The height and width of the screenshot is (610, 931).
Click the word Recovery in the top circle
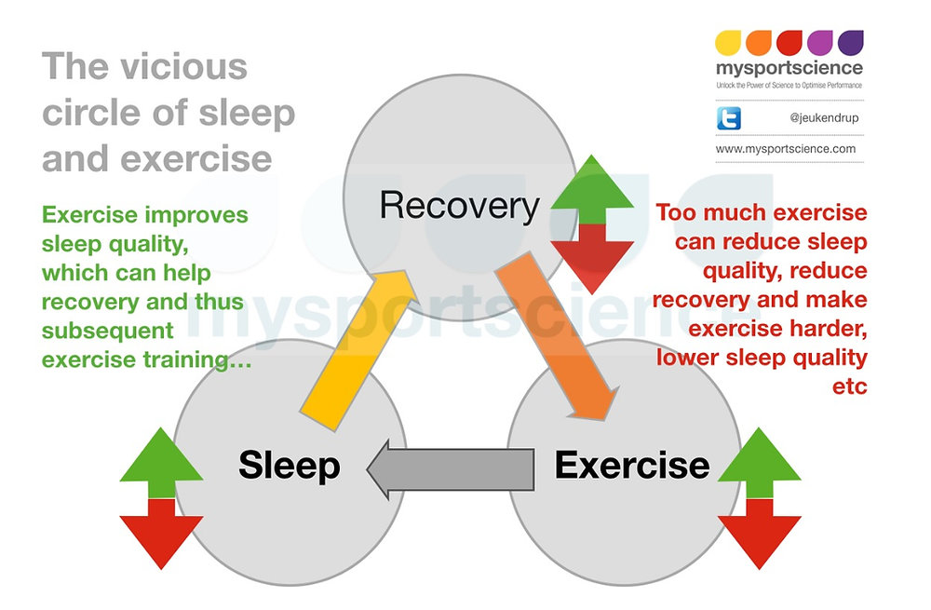coord(459,206)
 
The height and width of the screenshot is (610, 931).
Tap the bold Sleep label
coord(289,465)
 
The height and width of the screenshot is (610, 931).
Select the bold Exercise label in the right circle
coord(631,464)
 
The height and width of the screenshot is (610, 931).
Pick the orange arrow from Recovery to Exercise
coord(559,340)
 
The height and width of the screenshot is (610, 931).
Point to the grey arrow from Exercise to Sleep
coord(452,466)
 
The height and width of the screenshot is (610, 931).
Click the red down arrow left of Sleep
coord(161,531)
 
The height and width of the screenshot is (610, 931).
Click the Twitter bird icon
coord(728,119)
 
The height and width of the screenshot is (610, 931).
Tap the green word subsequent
coord(107,330)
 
